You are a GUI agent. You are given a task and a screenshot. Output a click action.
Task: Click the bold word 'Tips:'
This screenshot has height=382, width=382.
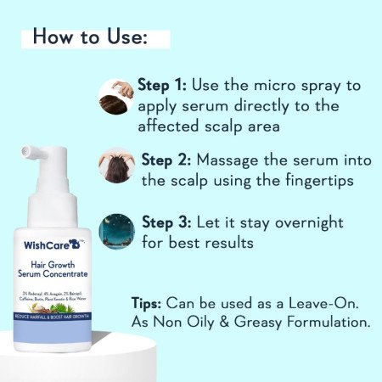click(x=154, y=302)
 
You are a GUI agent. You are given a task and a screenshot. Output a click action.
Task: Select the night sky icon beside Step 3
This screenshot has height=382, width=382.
click(x=115, y=231)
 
